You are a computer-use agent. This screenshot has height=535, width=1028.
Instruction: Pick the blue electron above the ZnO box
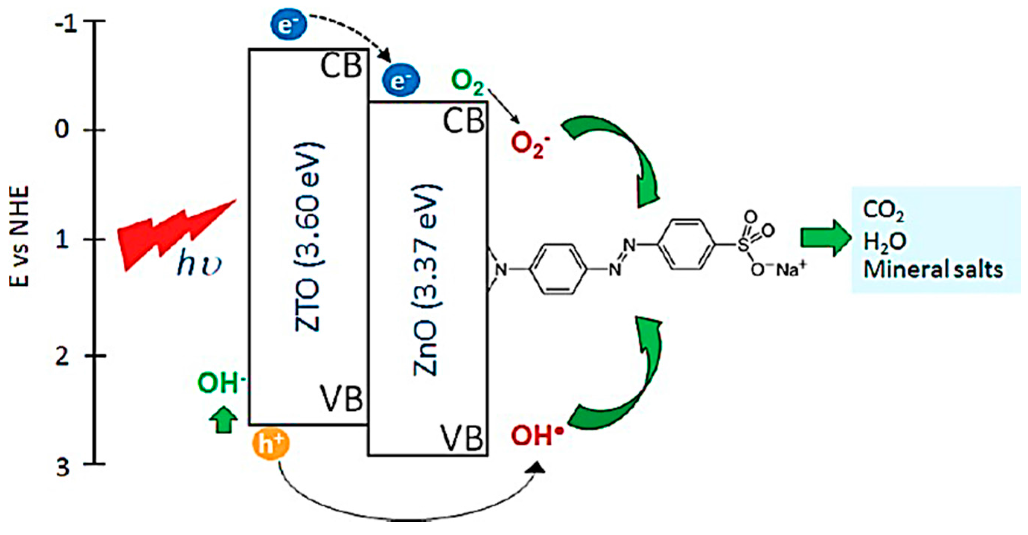(400, 81)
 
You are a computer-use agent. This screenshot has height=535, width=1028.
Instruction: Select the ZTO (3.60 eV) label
(309, 237)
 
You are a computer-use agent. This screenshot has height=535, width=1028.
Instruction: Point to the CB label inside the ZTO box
(342, 66)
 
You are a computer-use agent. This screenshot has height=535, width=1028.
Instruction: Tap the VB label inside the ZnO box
(462, 438)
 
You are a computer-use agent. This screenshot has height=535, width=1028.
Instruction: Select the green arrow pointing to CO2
(824, 238)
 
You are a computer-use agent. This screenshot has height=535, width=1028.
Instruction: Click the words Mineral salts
(933, 270)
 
